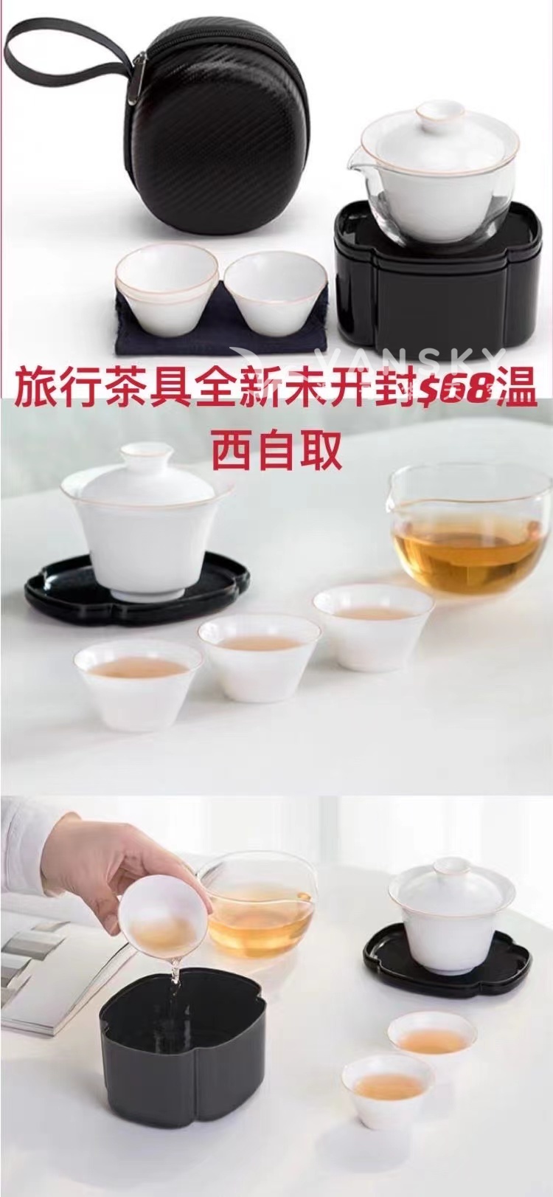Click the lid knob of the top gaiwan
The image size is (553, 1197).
pos(440,112)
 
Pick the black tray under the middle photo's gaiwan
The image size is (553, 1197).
pos(136,584)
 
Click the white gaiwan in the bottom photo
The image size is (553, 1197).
pos(451,905)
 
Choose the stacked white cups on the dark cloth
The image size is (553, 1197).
pos(167,289)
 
